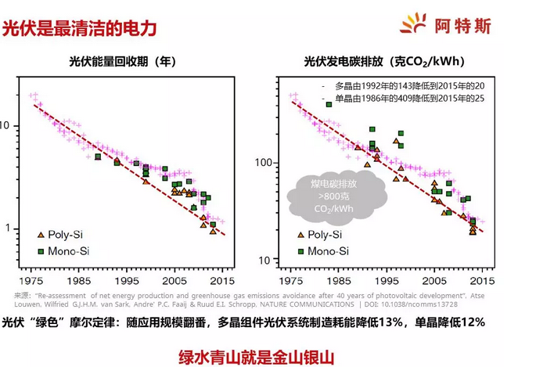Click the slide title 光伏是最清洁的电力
pyautogui.click(x=80, y=28)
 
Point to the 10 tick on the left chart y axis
pyautogui.click(x=5, y=125)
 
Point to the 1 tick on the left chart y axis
pyautogui.click(x=7, y=228)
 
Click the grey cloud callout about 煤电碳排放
pyautogui.click(x=323, y=196)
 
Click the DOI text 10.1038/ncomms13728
pyautogui.click(x=425, y=304)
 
